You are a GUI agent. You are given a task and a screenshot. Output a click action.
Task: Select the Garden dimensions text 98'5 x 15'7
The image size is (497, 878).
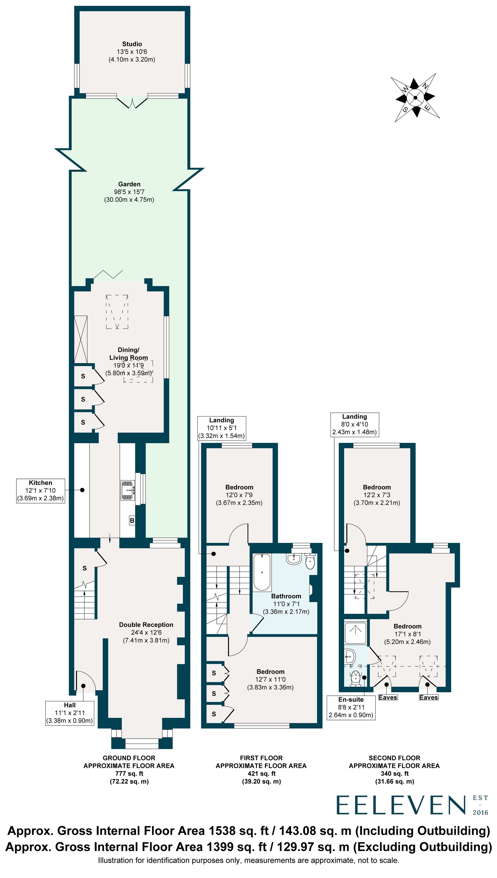[129, 192]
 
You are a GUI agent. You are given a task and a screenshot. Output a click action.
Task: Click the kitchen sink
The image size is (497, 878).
[128, 490]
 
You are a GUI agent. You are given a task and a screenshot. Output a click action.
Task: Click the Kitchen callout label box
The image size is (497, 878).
[41, 491]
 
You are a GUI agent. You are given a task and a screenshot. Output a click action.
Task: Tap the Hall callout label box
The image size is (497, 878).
[70, 713]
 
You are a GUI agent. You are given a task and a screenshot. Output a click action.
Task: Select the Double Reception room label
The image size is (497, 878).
[146, 625]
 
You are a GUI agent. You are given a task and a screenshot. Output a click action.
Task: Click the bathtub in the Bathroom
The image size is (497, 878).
[262, 572]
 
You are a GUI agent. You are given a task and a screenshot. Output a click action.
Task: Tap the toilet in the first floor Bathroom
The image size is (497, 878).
[310, 562]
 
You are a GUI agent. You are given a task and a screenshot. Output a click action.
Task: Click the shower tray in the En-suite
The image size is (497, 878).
[356, 633]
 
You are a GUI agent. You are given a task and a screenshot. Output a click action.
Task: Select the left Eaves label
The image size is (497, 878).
[388, 697]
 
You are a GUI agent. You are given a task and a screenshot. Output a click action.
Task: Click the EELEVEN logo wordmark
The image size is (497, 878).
[401, 805]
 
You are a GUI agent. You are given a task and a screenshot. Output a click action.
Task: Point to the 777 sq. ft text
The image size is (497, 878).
[129, 774]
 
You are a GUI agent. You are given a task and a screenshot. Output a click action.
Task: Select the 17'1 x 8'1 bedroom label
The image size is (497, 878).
[408, 634]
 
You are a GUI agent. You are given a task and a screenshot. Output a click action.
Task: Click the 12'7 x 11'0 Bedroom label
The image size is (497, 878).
[270, 679]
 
